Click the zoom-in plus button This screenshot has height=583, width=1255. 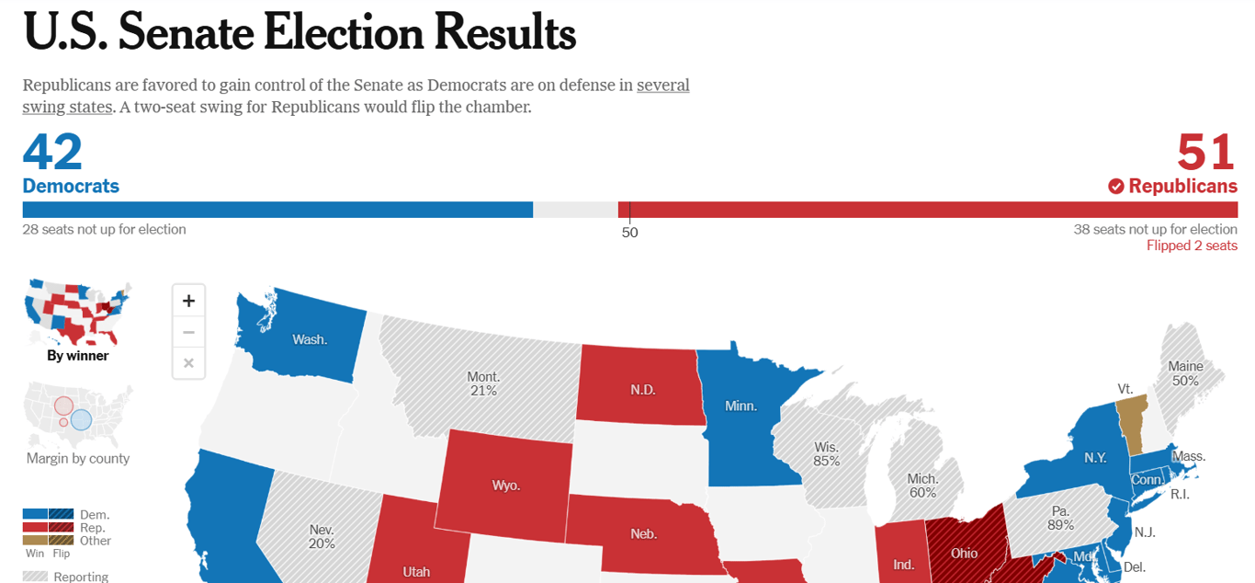point(188,301)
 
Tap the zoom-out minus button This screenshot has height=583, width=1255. point(188,332)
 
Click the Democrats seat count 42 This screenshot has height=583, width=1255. point(52,152)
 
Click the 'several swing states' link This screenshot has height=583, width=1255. point(662,86)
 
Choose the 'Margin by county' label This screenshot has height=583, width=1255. point(78,458)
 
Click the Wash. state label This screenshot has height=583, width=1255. point(310,339)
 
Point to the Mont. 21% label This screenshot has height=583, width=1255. point(483,383)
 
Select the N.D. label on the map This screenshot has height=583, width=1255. point(643,390)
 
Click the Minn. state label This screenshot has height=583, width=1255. point(741,406)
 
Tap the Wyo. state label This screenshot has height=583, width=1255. point(505,486)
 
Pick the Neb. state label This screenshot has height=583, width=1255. point(643,533)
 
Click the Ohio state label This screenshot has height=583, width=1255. point(964,554)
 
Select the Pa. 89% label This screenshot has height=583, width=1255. point(1060,518)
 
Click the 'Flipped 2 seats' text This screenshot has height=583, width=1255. point(1192,246)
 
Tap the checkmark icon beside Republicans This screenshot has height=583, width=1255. point(1116,187)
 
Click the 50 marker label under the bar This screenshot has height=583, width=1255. point(629,233)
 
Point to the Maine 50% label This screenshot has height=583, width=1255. point(1185,373)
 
